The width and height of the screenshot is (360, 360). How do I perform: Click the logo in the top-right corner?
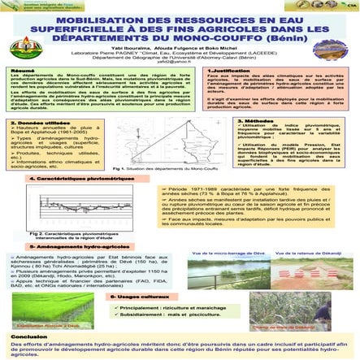(x=338, y=24)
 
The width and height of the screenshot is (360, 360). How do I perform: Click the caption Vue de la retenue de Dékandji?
(x=309, y=254)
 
